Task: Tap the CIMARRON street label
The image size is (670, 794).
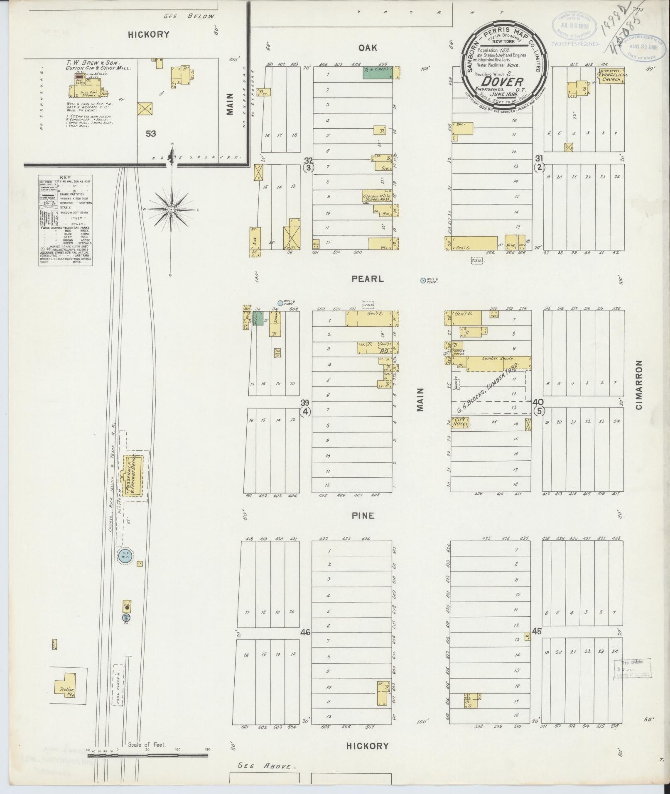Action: (638, 385)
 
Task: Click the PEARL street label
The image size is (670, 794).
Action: (368, 279)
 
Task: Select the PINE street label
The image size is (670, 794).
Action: (363, 516)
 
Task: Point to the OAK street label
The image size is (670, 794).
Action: (368, 48)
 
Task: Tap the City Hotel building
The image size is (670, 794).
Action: (461, 423)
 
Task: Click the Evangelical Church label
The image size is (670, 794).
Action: (613, 77)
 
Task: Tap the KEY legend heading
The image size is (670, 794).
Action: (65, 177)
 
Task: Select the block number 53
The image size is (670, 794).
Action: (150, 134)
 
